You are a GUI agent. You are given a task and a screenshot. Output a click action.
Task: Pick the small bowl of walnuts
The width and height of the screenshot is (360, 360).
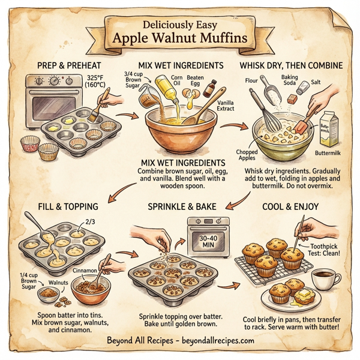[x=49, y=295]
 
